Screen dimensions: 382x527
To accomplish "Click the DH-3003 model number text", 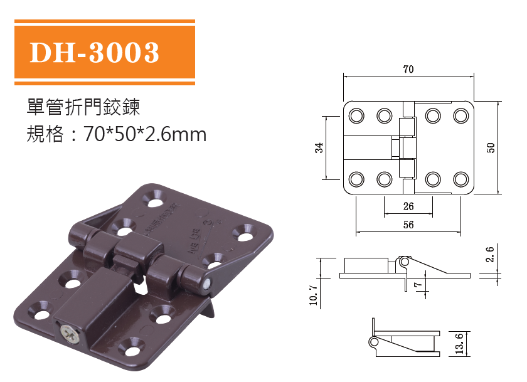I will tap(94, 53).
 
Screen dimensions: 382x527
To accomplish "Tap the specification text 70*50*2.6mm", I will tap(145, 134).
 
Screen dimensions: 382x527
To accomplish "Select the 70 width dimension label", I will tap(408, 70).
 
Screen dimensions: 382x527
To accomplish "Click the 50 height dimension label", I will tap(491, 147).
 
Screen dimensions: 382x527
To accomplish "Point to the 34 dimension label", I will tap(319, 147).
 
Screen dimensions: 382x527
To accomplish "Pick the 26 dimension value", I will tap(408, 206).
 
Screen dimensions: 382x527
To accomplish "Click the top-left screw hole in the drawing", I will tap(356, 116).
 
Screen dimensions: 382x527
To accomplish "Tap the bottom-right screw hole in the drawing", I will tap(461, 179).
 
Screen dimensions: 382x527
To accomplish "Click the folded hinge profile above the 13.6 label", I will tap(402, 342).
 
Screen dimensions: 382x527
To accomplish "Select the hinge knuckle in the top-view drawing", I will tap(408, 148).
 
